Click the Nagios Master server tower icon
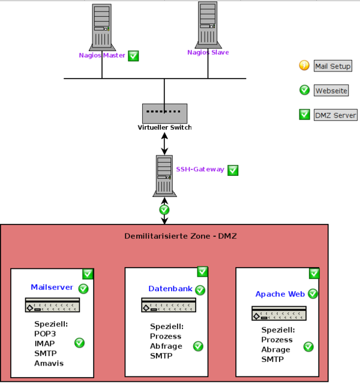click(x=101, y=27)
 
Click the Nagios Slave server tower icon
click(x=207, y=25)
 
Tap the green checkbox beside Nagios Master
click(x=134, y=56)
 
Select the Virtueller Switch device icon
click(x=164, y=113)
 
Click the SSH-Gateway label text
click(x=200, y=169)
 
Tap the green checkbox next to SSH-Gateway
click(x=233, y=170)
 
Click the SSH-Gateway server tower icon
click(x=164, y=175)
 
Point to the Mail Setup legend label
click(x=332, y=66)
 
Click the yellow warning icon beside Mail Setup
click(x=304, y=66)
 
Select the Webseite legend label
click(x=331, y=91)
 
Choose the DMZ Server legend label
click(x=335, y=115)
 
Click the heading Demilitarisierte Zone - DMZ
click(x=180, y=236)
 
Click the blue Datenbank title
click(x=170, y=289)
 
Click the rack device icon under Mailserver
click(x=53, y=305)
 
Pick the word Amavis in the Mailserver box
click(x=49, y=363)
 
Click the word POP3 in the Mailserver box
click(x=46, y=334)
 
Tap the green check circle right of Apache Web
click(x=313, y=294)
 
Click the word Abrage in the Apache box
click(x=276, y=349)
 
